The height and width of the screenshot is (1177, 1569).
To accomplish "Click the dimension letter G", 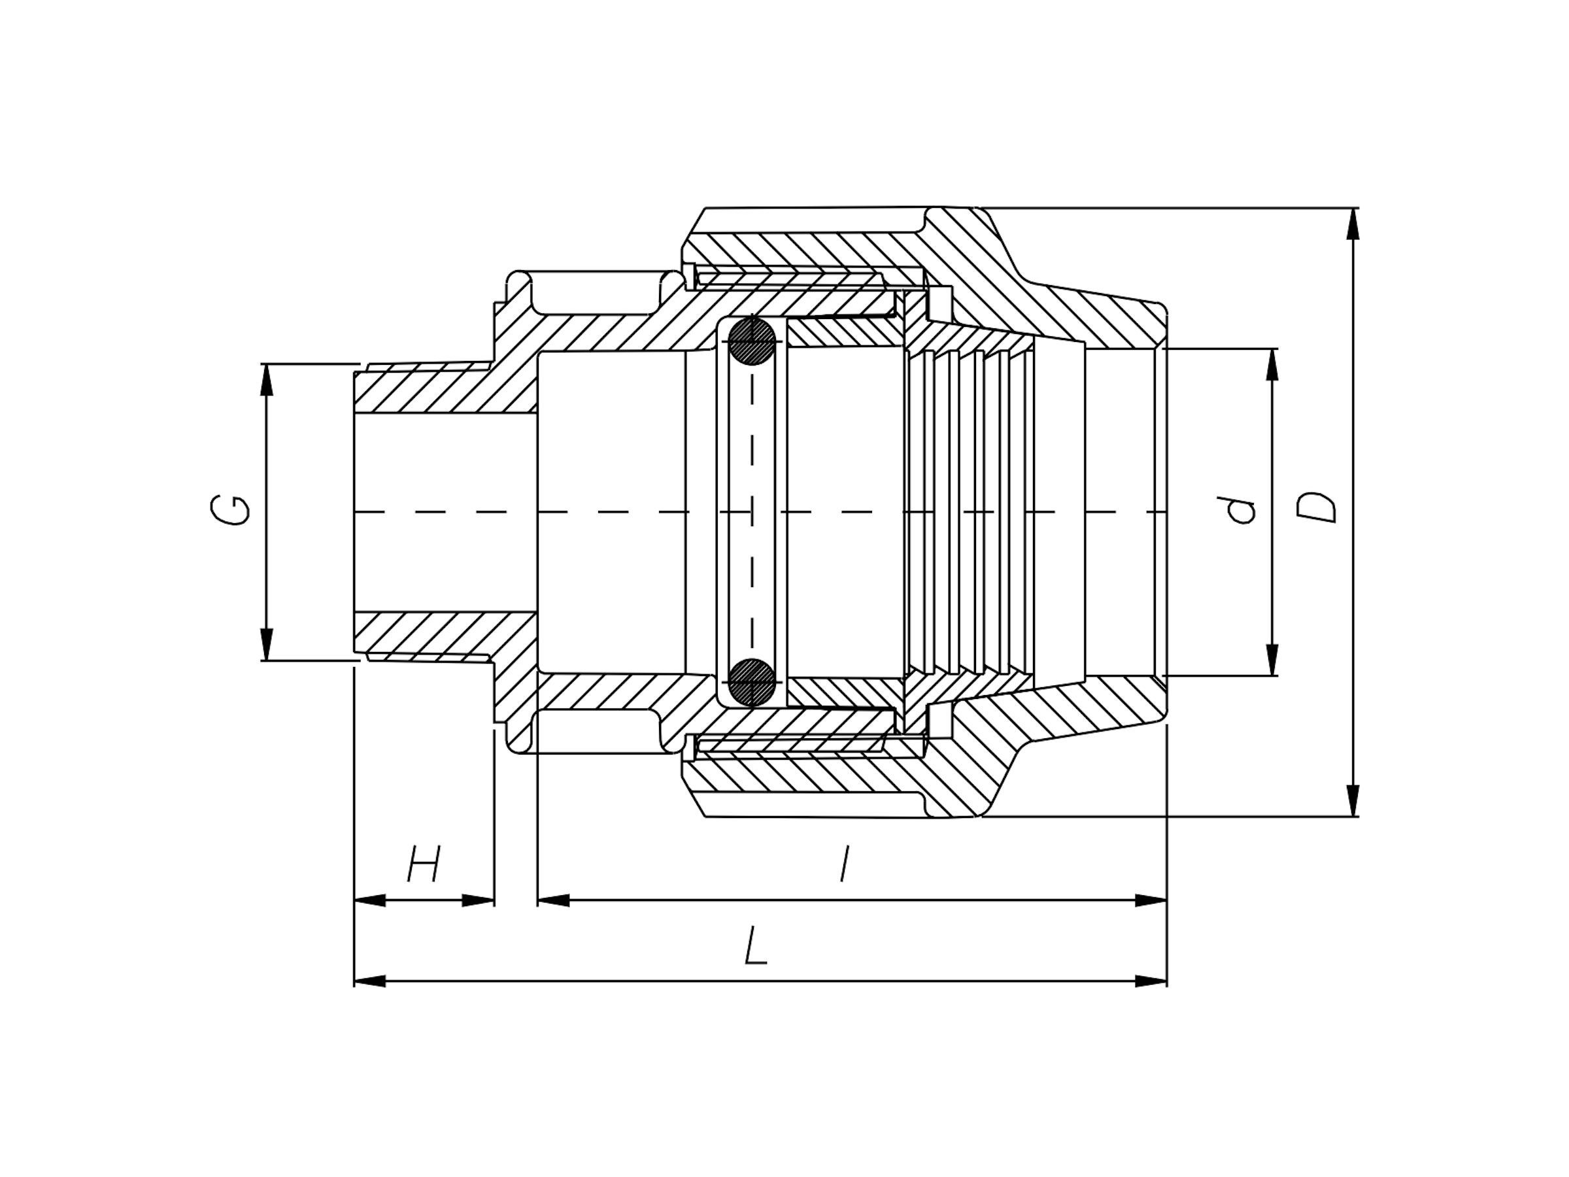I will pyautogui.click(x=231, y=511).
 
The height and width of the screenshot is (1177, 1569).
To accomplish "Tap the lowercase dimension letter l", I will pyautogui.click(x=844, y=864).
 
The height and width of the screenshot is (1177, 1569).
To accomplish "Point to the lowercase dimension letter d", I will pyautogui.click(x=1243, y=511).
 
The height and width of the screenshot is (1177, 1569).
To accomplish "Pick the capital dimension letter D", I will pyautogui.click(x=1317, y=508).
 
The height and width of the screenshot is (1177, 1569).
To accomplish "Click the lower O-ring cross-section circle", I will pyautogui.click(x=752, y=682).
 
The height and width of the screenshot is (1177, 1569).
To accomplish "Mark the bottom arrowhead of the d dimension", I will pyautogui.click(x=1272, y=660).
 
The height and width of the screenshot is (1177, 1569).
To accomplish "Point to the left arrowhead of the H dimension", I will pyautogui.click(x=369, y=901).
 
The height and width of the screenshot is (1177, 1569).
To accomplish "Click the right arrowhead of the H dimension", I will pyautogui.click(x=479, y=901).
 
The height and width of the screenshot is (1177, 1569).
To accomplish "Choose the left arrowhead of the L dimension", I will pyautogui.click(x=369, y=981).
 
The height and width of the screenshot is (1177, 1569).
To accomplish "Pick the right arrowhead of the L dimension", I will pyautogui.click(x=1151, y=981).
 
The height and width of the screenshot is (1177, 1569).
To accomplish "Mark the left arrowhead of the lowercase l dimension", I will pyautogui.click(x=553, y=901).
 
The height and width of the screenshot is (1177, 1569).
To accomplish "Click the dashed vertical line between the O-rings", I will pyautogui.click(x=752, y=511).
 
